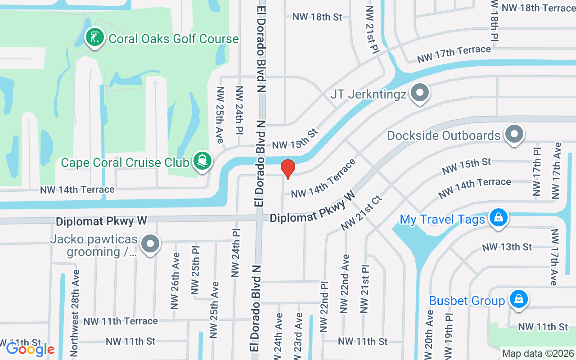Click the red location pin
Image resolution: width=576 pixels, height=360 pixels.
[288, 169]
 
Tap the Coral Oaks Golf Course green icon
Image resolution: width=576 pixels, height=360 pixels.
[94, 38]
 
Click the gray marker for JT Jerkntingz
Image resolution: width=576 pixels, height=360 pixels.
[420, 93]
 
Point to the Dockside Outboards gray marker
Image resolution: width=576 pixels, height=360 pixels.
[514, 134]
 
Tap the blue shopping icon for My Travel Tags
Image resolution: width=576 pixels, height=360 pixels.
[498, 218]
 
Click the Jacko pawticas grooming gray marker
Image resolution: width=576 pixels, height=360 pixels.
[150, 244]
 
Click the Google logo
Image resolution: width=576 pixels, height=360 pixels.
[30, 349]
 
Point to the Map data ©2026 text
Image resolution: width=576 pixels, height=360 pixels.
[538, 354]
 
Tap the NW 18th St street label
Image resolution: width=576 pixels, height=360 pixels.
[317, 17]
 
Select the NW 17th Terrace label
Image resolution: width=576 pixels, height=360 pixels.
[454, 54]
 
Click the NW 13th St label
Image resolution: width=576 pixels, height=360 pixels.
[507, 247]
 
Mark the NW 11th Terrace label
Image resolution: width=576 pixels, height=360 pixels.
[121, 321]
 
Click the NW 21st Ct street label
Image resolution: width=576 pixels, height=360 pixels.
[361, 213]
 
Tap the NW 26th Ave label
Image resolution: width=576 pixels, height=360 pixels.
[175, 281]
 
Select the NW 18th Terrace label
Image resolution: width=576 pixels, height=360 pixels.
[538, 8]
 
